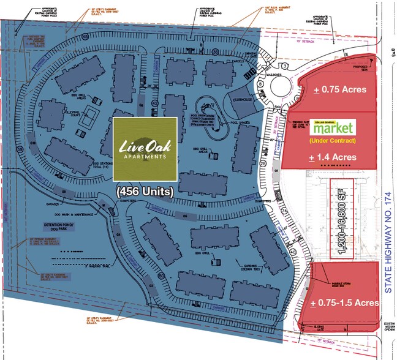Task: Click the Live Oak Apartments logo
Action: pos(145,148)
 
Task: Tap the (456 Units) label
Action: pos(145,192)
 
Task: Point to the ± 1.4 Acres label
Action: pos(333,157)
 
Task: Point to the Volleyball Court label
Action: pos(73,112)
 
